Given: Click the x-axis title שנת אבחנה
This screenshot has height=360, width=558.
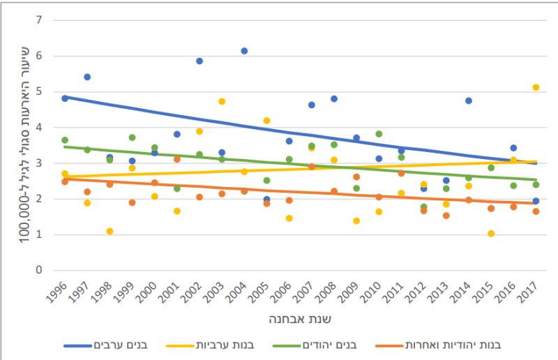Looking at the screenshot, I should (300, 320).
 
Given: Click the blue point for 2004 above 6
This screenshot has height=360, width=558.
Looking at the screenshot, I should (244, 51).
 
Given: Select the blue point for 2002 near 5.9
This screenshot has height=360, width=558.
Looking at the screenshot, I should (199, 61).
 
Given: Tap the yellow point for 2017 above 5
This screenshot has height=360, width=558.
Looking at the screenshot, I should (536, 87).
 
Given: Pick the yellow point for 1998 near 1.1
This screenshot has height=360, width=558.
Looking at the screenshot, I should (110, 231).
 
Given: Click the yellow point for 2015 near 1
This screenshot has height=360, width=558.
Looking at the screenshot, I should (491, 233).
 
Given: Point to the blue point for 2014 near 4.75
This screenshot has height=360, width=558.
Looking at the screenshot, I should (469, 100).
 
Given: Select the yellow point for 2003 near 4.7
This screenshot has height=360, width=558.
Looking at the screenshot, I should (222, 101).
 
